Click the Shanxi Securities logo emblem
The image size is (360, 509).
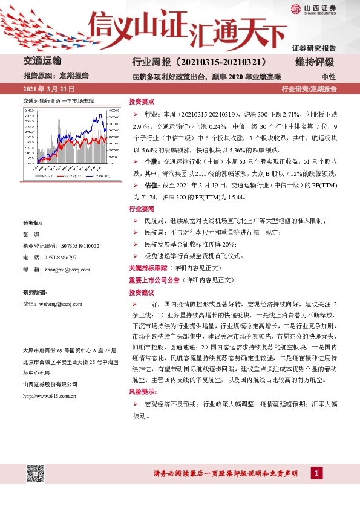click(x=295, y=9)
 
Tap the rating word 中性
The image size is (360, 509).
click(x=329, y=77)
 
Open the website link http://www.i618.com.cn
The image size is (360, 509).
click(x=49, y=395)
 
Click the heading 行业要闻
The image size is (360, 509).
click(x=141, y=209)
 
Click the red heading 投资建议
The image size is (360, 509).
click(x=141, y=292)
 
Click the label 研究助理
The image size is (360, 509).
click(x=34, y=293)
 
